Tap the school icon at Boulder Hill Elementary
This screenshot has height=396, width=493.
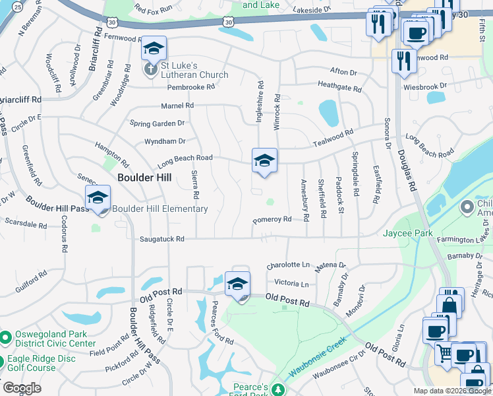(x=98, y=197)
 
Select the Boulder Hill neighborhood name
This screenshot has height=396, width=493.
(x=144, y=178)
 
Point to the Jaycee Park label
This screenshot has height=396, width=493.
(x=407, y=233)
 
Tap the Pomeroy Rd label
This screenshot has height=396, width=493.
(x=272, y=220)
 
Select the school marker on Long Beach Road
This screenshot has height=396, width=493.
(x=264, y=160)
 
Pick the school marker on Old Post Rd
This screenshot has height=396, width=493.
(x=237, y=284)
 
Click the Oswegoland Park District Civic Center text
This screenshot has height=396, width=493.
(x=53, y=339)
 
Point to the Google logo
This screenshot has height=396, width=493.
(x=22, y=388)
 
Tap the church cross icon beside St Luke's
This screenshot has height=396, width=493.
(x=150, y=69)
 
